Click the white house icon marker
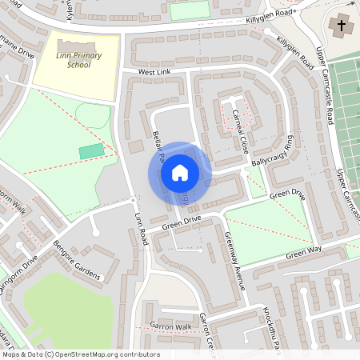click(180, 172)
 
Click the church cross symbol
click(342, 26)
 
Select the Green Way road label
click(304, 255)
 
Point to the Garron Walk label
click(171, 326)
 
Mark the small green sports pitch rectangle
click(91, 151)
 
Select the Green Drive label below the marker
click(180, 221)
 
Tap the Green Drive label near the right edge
click(287, 194)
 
